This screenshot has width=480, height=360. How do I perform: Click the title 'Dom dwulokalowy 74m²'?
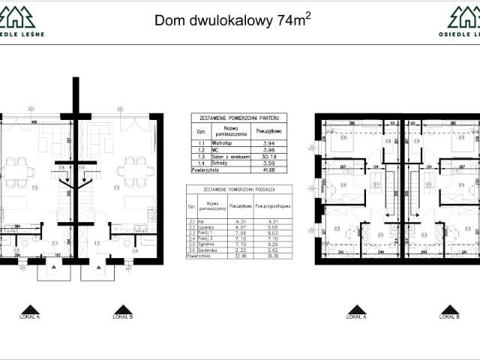(x=232, y=19)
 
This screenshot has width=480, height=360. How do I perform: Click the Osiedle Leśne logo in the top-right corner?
(x=459, y=21)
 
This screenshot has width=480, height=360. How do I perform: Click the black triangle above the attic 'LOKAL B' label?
(x=449, y=308)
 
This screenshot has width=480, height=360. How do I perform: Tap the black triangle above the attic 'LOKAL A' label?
(x=356, y=308)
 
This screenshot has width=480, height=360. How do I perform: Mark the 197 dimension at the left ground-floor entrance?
(x=57, y=253)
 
